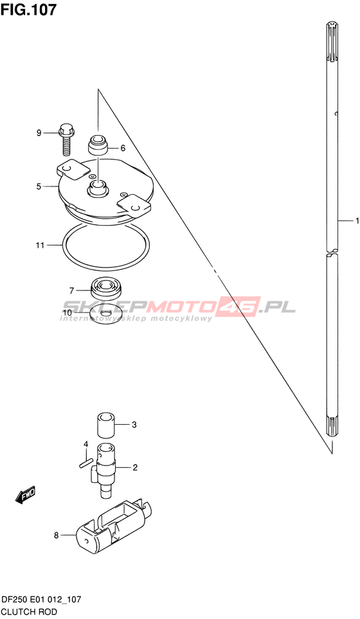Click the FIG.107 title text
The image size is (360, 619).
pos(28,10)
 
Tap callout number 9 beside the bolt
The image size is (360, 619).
pos(39,133)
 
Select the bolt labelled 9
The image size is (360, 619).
pos(66,140)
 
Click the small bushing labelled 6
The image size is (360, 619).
pos(98,145)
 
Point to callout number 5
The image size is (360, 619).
pos(39,186)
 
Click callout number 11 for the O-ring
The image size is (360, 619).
pos(40,246)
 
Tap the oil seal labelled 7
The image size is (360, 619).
pos(107,289)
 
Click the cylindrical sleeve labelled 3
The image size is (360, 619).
pos(106,425)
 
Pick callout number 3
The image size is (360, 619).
pos(134,425)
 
